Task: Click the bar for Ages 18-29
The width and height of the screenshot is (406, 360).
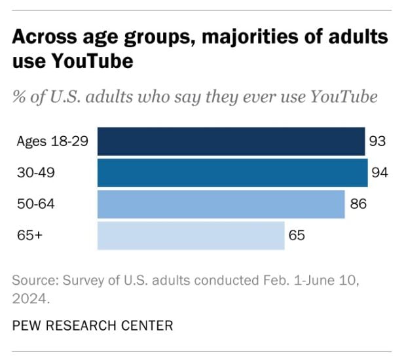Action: click(231, 141)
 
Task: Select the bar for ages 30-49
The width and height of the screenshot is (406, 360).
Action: click(232, 173)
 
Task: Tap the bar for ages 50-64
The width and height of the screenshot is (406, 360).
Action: click(221, 204)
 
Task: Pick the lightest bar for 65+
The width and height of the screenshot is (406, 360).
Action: click(191, 236)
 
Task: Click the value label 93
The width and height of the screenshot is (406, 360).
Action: click(377, 141)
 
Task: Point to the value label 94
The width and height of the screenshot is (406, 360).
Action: click(379, 173)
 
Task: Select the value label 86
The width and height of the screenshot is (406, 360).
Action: click(358, 204)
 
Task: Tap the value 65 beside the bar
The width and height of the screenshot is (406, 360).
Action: click(297, 236)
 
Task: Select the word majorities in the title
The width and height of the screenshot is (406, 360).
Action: click(235, 37)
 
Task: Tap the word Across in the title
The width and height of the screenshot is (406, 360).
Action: click(39, 37)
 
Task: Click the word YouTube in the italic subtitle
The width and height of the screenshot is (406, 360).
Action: click(344, 97)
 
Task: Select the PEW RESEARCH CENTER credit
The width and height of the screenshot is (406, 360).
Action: click(92, 325)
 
